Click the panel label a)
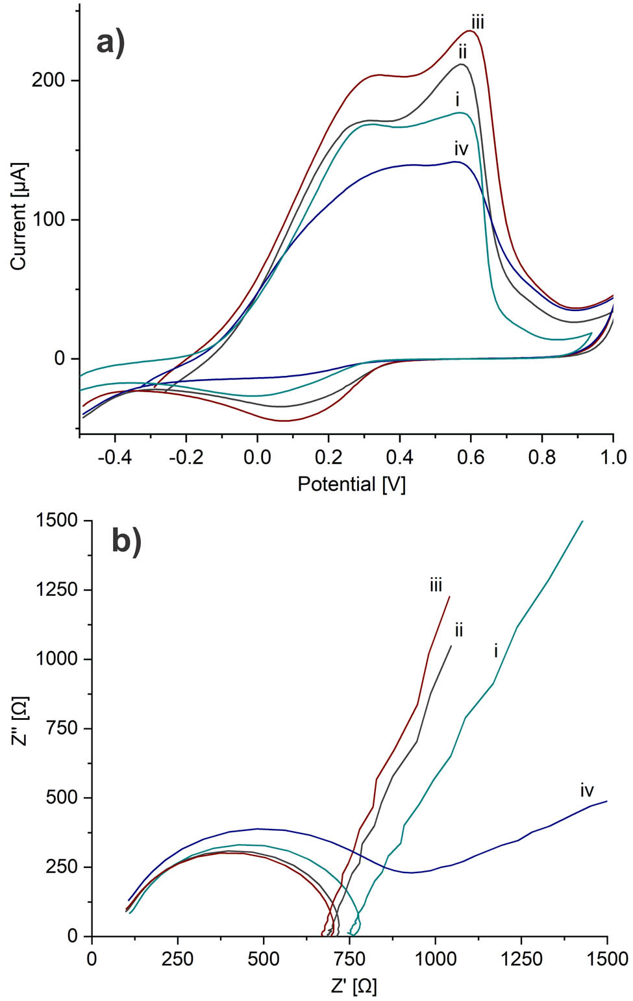pyautogui.click(x=110, y=44)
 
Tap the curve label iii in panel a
pyautogui.click(x=478, y=23)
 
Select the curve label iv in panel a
pyautogui.click(x=461, y=149)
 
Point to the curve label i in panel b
pyautogui.click(x=496, y=650)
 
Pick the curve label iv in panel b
pyautogui.click(x=587, y=790)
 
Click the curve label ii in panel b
pyautogui.click(x=458, y=629)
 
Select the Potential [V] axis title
pyautogui.click(x=351, y=484)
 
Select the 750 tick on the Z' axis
pyautogui.click(x=349, y=959)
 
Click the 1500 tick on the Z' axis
pyautogui.click(x=606, y=959)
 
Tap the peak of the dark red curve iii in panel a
pyautogui.click(x=469, y=31)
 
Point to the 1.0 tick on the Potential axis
pyautogui.click(x=613, y=457)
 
